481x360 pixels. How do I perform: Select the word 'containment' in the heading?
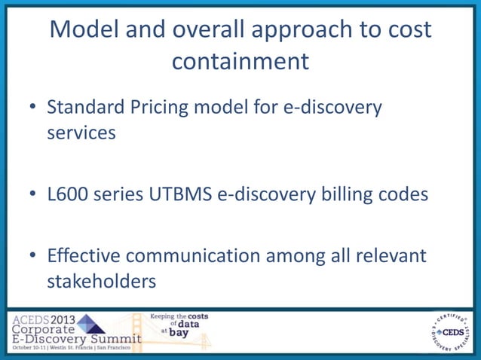click(x=240, y=61)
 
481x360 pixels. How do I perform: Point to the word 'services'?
click(x=81, y=133)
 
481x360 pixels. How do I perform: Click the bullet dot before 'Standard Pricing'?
click(x=34, y=108)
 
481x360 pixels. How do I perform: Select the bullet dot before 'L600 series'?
click(x=34, y=195)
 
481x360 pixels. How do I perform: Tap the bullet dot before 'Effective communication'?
click(x=34, y=256)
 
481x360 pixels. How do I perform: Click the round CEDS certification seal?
click(x=449, y=331)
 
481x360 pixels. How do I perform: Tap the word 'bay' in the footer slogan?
click(x=179, y=332)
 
